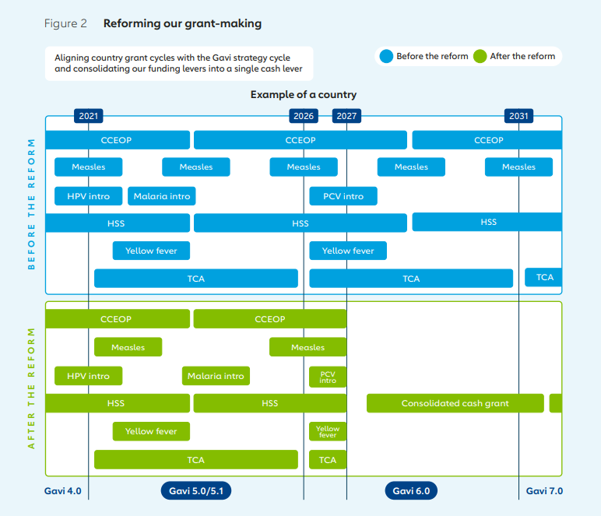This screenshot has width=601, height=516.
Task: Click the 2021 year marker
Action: pyautogui.click(x=89, y=116)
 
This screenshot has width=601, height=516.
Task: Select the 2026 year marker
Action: pyautogui.click(x=304, y=116)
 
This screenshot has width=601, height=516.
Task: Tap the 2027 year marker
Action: pyautogui.click(x=347, y=116)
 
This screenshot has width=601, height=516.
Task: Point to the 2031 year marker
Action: pyautogui.click(x=518, y=116)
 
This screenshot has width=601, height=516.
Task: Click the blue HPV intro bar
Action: pyautogui.click(x=88, y=196)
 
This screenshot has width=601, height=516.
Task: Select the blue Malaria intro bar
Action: pyautogui.click(x=161, y=196)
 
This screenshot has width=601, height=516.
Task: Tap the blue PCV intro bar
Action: pyautogui.click(x=343, y=196)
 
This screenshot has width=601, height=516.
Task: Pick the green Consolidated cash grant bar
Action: pyautogui.click(x=455, y=403)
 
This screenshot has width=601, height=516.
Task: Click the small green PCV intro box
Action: pyautogui.click(x=328, y=377)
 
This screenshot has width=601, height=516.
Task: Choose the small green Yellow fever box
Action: pyautogui.click(x=328, y=431)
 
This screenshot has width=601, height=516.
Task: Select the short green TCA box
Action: pyautogui.click(x=328, y=460)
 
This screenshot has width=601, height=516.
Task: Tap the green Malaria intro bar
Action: pyautogui.click(x=216, y=376)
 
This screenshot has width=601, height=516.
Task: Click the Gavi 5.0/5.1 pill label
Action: pyautogui.click(x=196, y=491)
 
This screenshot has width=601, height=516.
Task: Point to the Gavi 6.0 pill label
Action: pyautogui.click(x=411, y=491)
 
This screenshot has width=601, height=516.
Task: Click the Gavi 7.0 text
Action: pyautogui.click(x=544, y=491)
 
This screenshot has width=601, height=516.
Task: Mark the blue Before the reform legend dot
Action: pyautogui.click(x=386, y=56)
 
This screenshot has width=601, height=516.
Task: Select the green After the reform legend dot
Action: pyautogui.click(x=480, y=56)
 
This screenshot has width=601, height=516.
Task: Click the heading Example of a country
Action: pyautogui.click(x=304, y=95)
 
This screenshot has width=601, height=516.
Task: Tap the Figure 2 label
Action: pyautogui.click(x=65, y=23)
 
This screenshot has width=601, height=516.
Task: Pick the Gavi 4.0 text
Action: pyautogui.click(x=63, y=491)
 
